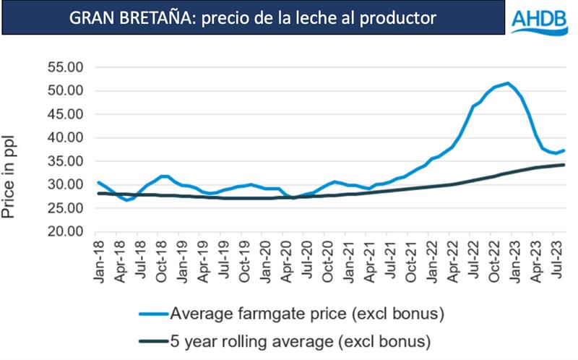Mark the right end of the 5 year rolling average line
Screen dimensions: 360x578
[564, 165]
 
